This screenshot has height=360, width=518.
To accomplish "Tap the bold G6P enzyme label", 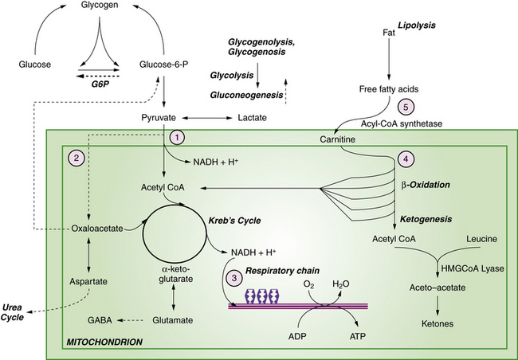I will pos(100,82).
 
